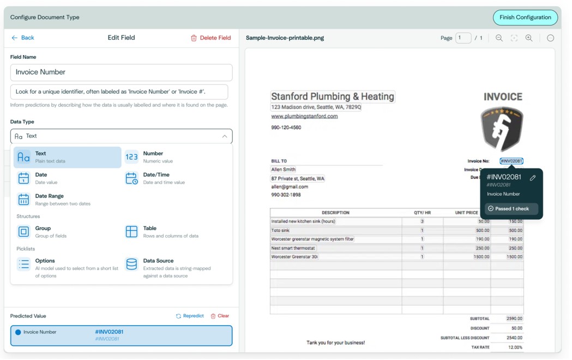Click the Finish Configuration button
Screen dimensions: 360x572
(525, 17)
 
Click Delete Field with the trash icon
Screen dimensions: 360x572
(210, 38)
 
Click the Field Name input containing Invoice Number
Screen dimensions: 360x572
(121, 72)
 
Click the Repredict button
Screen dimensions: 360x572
(190, 316)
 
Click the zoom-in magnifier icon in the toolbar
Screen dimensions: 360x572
(529, 38)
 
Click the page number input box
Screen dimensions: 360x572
(463, 38)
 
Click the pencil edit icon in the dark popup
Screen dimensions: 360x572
(533, 177)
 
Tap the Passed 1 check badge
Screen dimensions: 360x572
(511, 208)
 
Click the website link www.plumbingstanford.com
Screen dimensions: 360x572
(304, 116)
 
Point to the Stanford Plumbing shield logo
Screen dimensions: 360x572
(502, 129)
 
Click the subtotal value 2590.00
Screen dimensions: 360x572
(514, 319)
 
